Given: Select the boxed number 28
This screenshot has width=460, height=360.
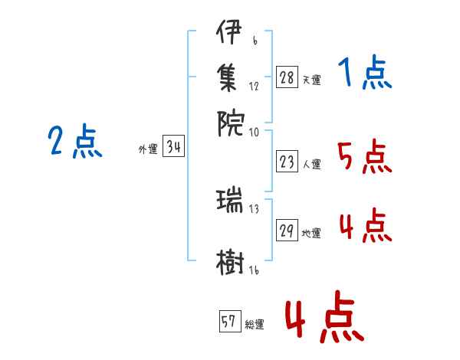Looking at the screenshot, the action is tap(287, 77).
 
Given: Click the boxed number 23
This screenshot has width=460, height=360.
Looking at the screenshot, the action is tap(287, 162).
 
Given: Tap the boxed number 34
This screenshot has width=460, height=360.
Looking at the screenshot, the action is tap(173, 148).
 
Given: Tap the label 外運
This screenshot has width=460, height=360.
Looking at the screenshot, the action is tap(148, 150).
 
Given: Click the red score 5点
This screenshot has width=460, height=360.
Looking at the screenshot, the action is tap(364, 158).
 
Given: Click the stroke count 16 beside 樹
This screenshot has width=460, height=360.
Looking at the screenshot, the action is tap(254, 271).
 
